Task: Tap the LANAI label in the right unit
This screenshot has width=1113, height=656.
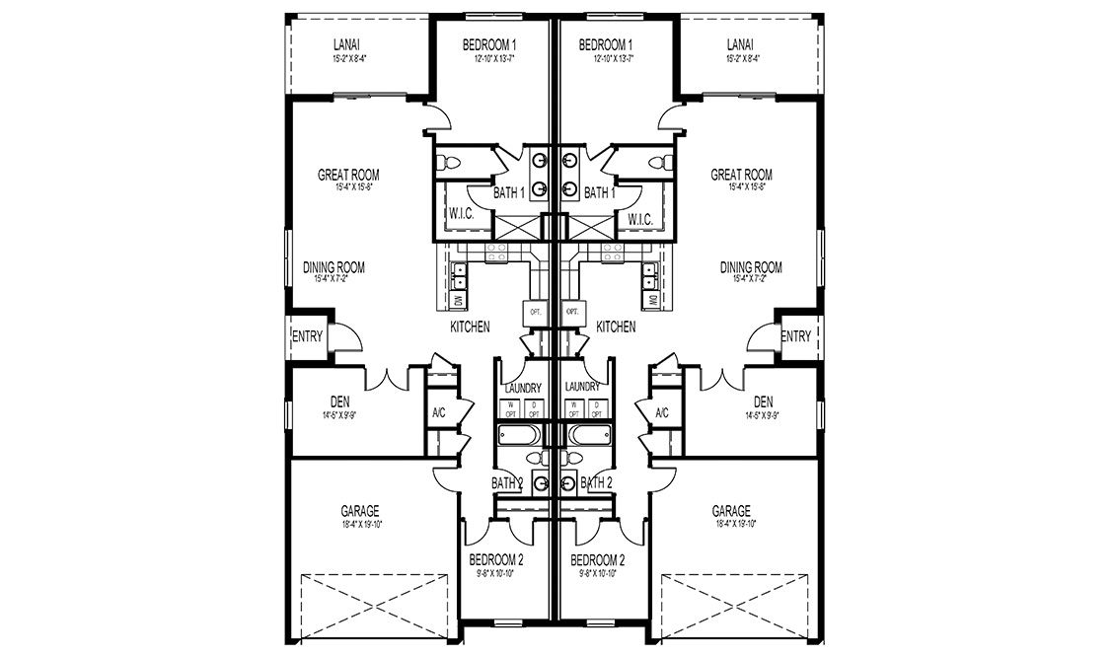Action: coord(740,44)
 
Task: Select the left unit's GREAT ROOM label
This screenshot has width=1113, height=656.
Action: coord(348,175)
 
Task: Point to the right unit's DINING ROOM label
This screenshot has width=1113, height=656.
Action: coord(751,267)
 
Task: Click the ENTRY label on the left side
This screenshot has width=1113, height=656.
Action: coord(307,336)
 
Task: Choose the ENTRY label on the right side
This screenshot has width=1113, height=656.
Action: coord(795,336)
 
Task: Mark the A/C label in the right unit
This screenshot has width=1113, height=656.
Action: coord(662,413)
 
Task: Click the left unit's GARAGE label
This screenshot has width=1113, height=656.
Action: coord(360,511)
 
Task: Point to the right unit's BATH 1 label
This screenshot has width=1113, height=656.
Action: coord(599,193)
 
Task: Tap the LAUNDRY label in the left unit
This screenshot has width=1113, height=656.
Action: coord(521,387)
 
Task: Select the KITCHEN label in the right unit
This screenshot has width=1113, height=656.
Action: coord(616,326)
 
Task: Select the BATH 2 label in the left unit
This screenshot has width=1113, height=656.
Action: coord(506,482)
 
